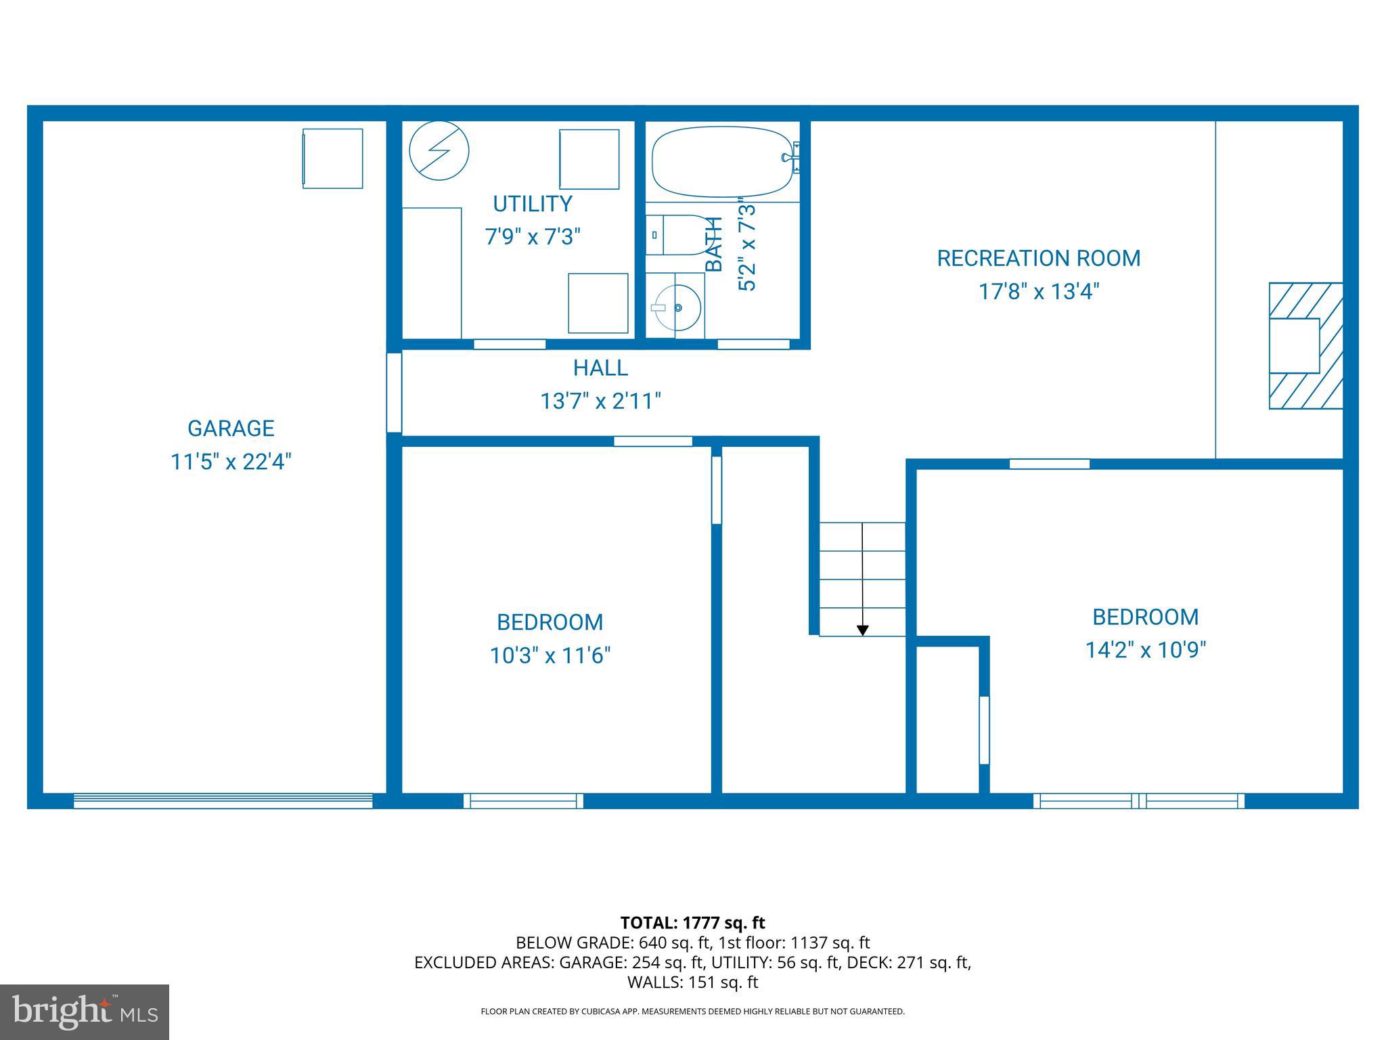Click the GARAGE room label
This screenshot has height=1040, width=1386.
point(231,428)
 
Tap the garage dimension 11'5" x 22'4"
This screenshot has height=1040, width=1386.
point(231,462)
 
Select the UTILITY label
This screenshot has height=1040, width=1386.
point(533,204)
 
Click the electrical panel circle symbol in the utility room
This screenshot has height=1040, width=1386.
point(439,150)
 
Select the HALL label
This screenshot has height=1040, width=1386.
point(600,368)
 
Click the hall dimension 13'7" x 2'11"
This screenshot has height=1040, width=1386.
point(600,402)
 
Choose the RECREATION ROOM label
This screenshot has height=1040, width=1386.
point(1038,258)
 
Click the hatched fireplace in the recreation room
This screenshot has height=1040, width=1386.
point(1305,346)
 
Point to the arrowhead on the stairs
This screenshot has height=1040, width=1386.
point(862,630)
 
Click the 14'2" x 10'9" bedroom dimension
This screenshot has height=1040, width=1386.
point(1146,651)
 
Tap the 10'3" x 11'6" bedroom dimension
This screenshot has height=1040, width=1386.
point(550,656)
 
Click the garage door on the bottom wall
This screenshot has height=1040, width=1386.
point(223,801)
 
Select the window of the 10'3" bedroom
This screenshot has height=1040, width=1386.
point(523,801)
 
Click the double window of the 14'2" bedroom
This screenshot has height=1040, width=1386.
point(1138,801)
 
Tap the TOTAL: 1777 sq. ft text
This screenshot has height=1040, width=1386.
point(692,923)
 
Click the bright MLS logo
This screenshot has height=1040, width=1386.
point(85,1012)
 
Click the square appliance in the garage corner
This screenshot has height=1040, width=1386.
point(332,158)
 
